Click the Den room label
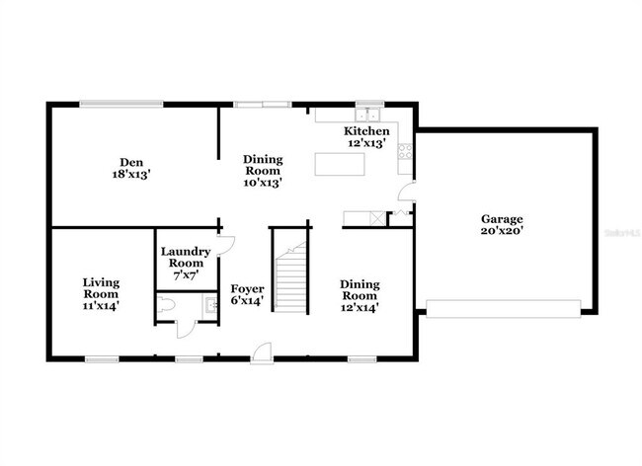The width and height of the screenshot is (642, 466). pos(130,162)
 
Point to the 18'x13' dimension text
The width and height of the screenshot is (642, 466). pos(130,174)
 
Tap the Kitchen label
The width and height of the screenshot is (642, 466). pos(366,131)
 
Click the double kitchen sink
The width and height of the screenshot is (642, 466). pos(369,111)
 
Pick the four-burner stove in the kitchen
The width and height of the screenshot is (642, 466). pos(405,152)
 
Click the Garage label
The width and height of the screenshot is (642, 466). pos(502,218)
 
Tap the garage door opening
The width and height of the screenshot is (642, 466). pos(503,309)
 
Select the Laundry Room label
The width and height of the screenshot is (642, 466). pos(182,257)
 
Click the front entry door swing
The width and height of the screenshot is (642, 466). pos(262,349)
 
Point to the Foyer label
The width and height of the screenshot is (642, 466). pos(247,288)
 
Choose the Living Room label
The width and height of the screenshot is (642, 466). pos(100,287)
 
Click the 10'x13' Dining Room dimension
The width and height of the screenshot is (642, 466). pos(264,183)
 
